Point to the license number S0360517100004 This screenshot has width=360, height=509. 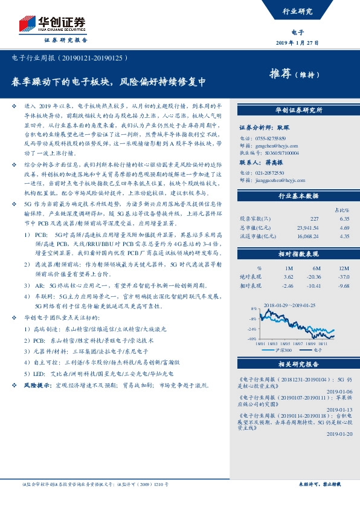click(275, 153)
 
